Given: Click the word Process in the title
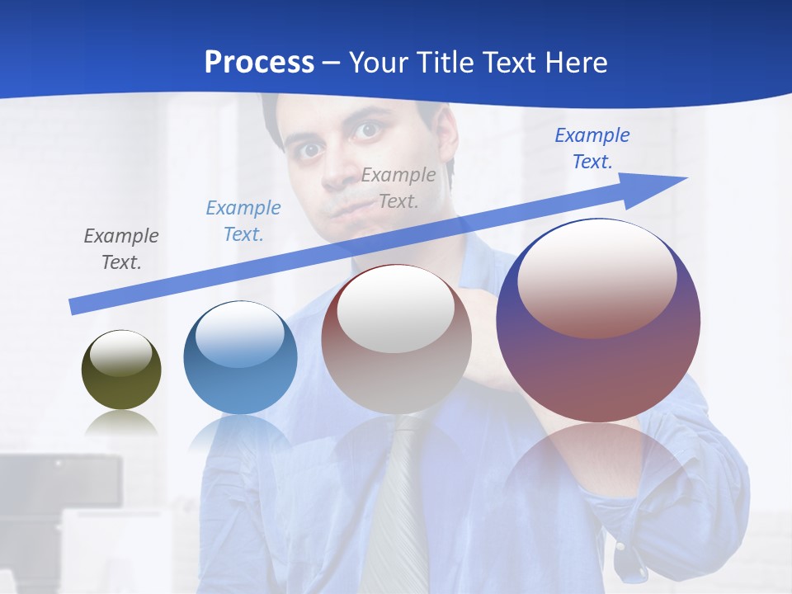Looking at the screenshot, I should pos(259,62).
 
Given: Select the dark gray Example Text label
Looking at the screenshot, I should pos(121,248).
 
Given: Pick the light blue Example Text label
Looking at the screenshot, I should pos(243,220).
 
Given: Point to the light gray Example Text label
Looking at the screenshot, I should pos(398,187).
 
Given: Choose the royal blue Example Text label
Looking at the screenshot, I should pos(592,148).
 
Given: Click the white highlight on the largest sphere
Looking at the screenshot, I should pos(597,276).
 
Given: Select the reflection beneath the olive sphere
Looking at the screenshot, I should pos(122,425).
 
